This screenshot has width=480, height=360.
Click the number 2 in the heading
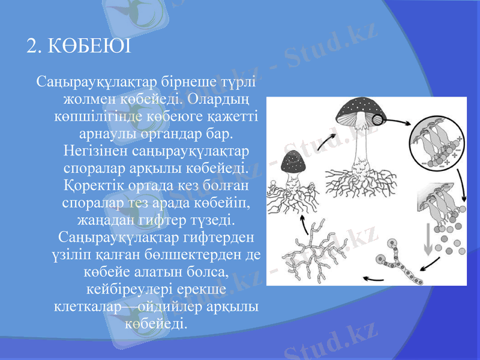click(x=32, y=46)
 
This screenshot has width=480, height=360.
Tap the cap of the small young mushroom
click(x=293, y=163)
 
